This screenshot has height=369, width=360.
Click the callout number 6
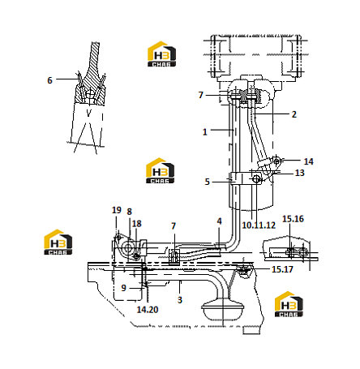(x=49, y=80)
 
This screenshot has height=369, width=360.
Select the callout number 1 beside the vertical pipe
(x=205, y=132)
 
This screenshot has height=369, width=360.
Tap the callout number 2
(x=294, y=114)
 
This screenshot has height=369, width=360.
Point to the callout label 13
(x=300, y=173)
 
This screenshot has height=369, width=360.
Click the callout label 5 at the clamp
(x=207, y=182)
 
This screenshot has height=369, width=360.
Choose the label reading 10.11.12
(x=259, y=225)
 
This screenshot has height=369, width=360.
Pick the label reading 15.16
(x=293, y=219)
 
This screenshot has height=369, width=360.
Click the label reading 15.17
(x=282, y=269)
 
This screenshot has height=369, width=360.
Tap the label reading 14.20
(x=148, y=310)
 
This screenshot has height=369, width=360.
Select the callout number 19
(x=117, y=210)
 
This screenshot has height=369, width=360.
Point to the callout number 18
(x=136, y=224)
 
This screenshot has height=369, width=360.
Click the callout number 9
(x=123, y=288)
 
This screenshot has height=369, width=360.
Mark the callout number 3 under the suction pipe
(x=180, y=300)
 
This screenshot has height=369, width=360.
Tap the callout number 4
(x=219, y=221)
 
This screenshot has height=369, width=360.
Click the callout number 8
(x=129, y=212)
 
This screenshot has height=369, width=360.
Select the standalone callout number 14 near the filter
(x=309, y=161)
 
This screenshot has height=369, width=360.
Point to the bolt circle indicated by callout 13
(x=256, y=178)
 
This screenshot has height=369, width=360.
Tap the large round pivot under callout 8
(x=127, y=247)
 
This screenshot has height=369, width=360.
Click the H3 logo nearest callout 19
(x=58, y=242)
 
